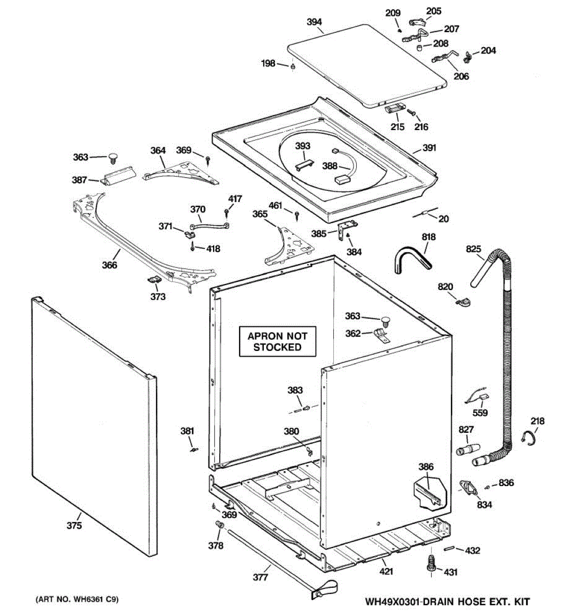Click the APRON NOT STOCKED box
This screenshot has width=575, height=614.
click(x=278, y=341)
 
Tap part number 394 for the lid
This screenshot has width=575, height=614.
click(x=314, y=22)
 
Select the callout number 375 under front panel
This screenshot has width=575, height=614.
click(x=75, y=525)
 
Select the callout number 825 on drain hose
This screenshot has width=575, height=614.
click(x=474, y=249)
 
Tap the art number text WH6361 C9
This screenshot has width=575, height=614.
click(x=77, y=600)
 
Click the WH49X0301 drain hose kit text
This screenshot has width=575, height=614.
click(x=448, y=602)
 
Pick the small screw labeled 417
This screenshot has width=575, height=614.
click(x=226, y=211)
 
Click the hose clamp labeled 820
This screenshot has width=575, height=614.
click(x=462, y=301)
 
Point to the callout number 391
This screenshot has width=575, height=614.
click(x=429, y=148)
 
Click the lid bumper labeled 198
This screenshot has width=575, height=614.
click(x=292, y=66)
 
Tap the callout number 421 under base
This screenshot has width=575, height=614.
click(x=386, y=572)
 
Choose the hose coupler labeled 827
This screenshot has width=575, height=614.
click(x=468, y=449)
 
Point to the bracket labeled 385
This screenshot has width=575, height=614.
click(x=346, y=229)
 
